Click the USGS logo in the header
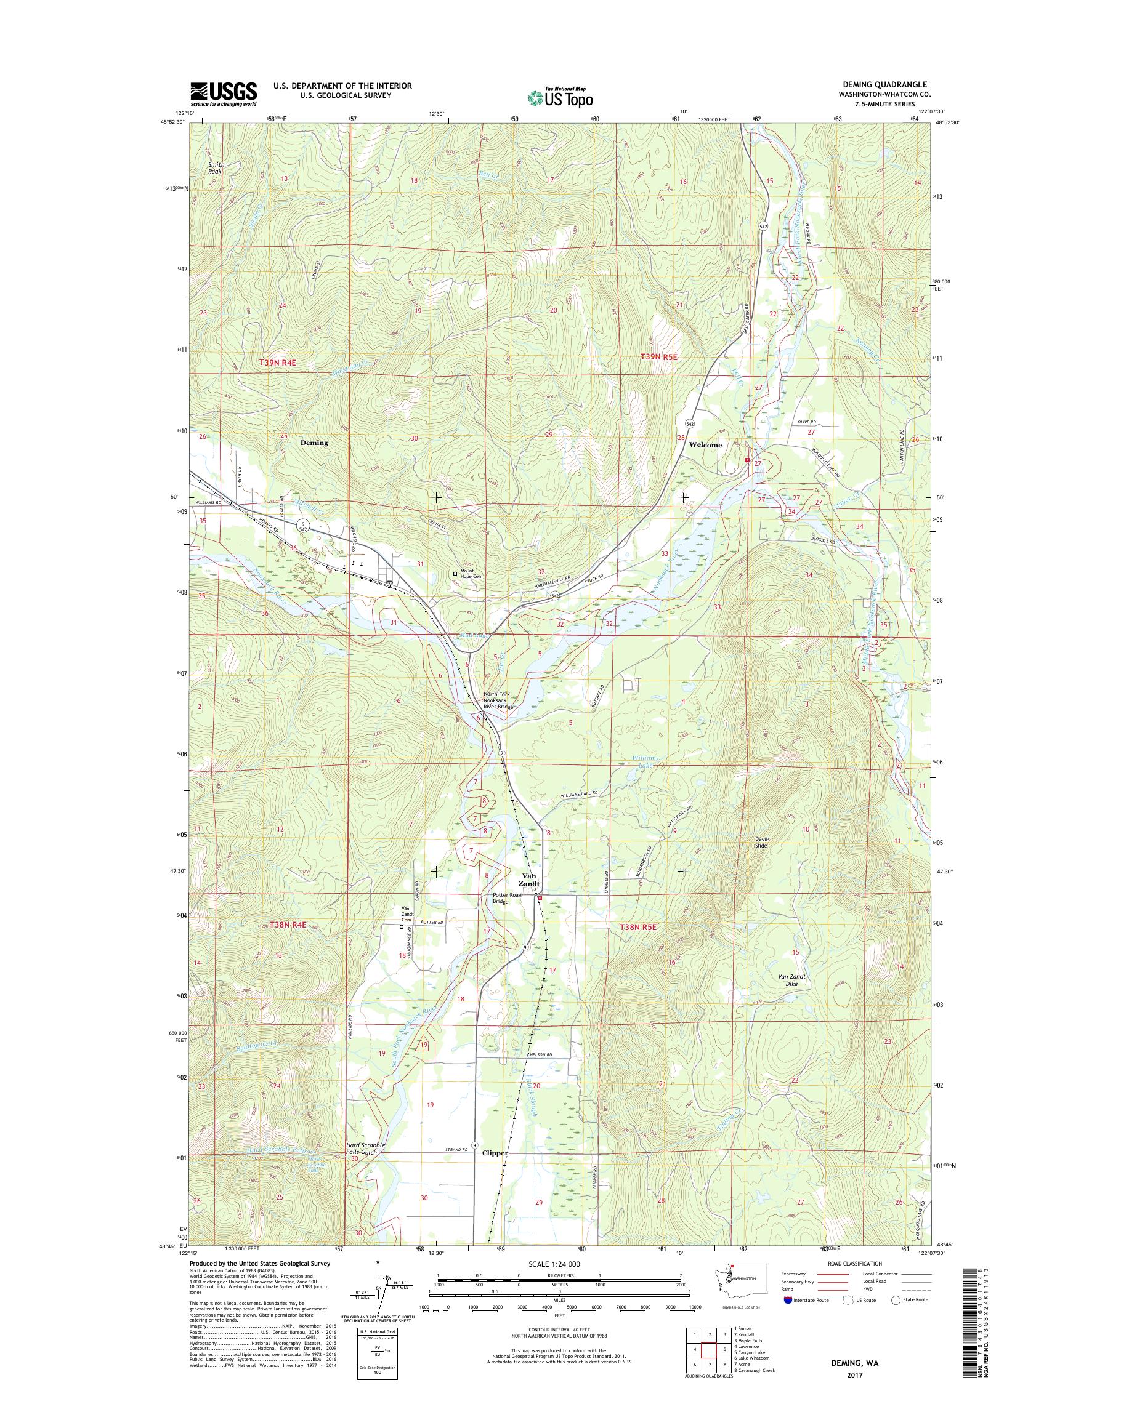223,94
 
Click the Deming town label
314,443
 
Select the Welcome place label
705,445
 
